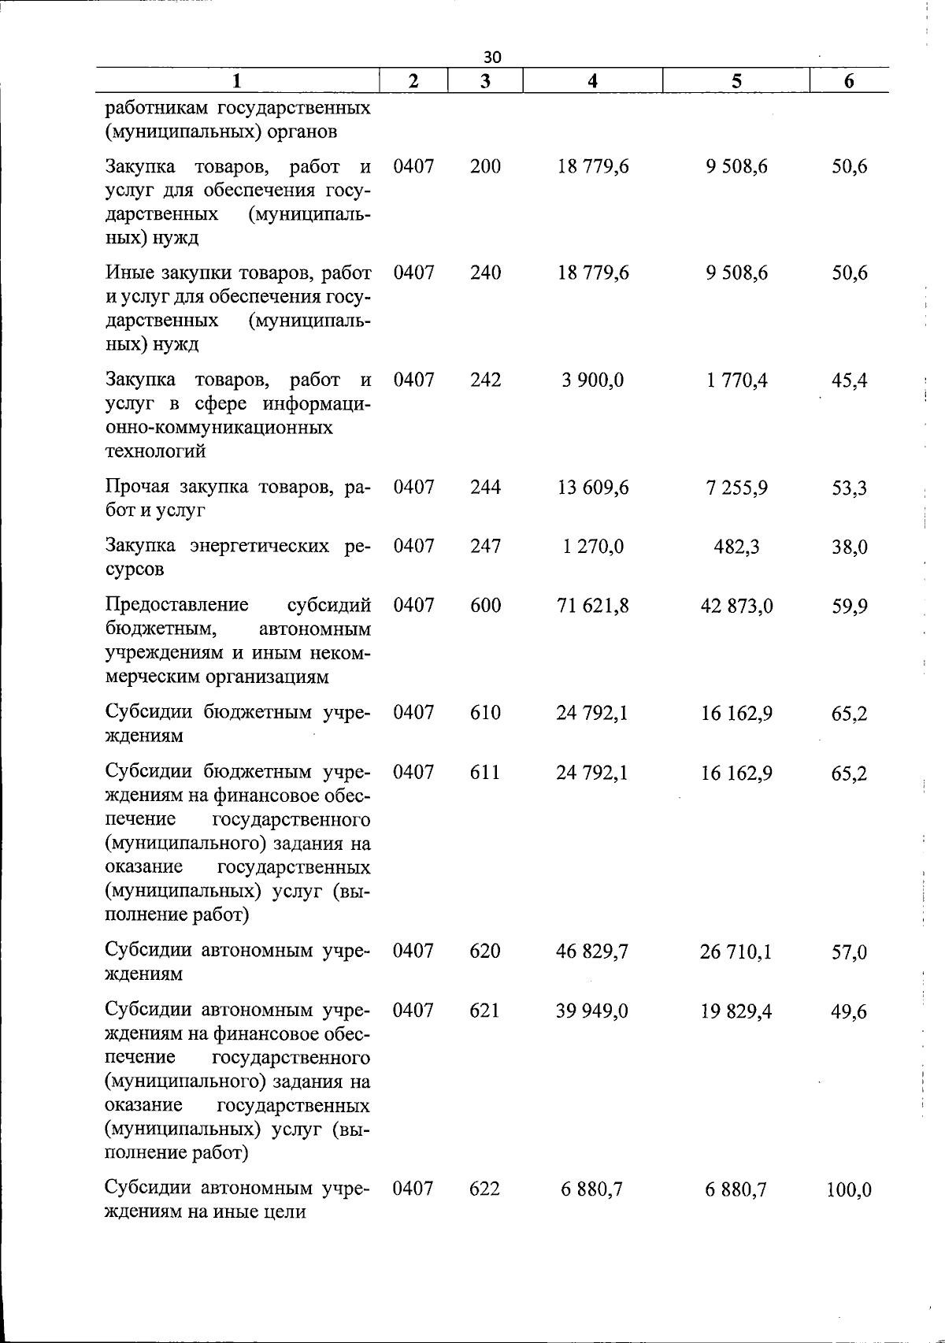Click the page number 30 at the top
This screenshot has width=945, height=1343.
[492, 57]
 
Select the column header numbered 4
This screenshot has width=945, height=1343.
[592, 80]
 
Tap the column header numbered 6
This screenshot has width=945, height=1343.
[849, 80]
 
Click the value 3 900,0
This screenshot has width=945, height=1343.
[593, 380]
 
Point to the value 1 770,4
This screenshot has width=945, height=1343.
[736, 380]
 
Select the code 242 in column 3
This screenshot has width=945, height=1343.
[485, 380]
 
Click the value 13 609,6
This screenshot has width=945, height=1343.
[593, 488]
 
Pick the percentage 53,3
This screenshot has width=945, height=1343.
[850, 488]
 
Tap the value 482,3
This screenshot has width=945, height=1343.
[736, 547]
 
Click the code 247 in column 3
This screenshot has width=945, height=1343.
[485, 546]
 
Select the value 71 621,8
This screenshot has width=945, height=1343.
[593, 606]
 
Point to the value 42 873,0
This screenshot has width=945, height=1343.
[736, 606]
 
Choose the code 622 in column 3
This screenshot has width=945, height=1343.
[484, 1189]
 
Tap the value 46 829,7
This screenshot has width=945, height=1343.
[592, 952]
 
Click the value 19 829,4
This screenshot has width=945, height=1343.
[736, 1011]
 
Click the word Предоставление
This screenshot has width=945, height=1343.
[177, 605]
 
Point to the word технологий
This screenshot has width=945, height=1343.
[156, 451]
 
